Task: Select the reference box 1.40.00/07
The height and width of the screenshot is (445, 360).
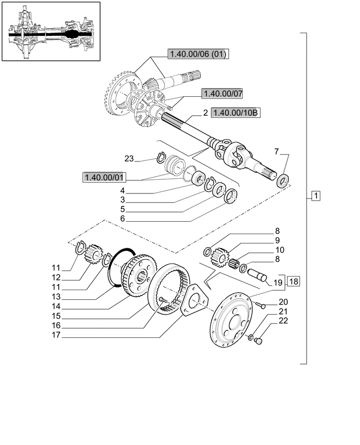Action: (x=222, y=94)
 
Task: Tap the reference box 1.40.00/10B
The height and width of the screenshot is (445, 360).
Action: (x=236, y=113)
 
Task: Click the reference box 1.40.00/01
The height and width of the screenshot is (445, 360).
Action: (x=104, y=177)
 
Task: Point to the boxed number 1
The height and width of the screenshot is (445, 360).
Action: (x=316, y=196)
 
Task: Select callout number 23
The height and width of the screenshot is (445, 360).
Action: (x=128, y=159)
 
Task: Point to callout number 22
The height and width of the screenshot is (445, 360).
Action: (x=283, y=321)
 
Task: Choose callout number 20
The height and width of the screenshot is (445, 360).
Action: (x=283, y=302)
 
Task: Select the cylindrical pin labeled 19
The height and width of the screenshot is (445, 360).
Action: (x=259, y=274)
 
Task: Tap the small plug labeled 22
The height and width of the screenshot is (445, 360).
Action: (x=259, y=341)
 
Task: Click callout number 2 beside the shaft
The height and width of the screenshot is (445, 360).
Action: (x=206, y=113)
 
